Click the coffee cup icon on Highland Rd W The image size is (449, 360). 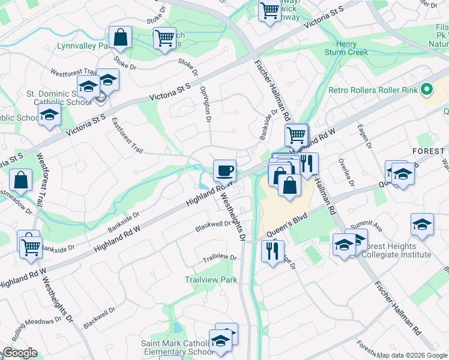click(224, 170)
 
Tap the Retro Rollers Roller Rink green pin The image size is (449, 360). click(427, 91)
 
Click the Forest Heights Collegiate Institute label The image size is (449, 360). click(396, 250)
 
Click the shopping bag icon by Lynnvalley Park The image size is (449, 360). click(121, 37)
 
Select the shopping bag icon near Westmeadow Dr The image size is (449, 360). click(21, 179)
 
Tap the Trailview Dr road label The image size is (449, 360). click(220, 257)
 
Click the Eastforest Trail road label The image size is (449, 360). click(127, 134)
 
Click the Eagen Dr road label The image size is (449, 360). click(365, 137)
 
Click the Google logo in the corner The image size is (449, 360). click(19, 353)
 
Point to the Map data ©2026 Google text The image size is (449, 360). click(412, 355)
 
